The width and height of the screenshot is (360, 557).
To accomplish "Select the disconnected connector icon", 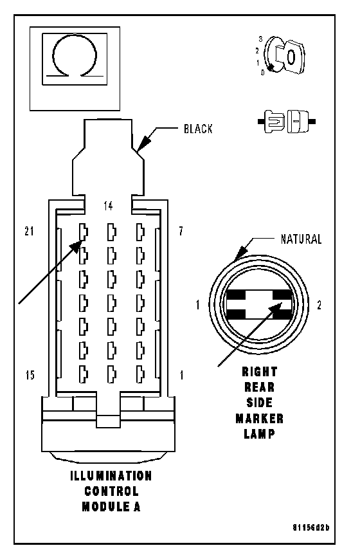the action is coord(287,122).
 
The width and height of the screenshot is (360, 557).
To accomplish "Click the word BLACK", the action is coord(198,129).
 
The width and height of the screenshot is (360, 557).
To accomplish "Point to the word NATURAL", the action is coord(301,239).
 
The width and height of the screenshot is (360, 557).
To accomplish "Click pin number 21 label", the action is coord(29,232).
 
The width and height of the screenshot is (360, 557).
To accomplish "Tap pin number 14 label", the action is coord(108,206).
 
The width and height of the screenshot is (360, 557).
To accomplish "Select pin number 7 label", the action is coord(181,232).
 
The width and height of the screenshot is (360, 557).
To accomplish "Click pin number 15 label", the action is coord(30,375).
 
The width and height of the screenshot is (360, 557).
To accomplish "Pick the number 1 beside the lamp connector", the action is coord(198,305).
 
